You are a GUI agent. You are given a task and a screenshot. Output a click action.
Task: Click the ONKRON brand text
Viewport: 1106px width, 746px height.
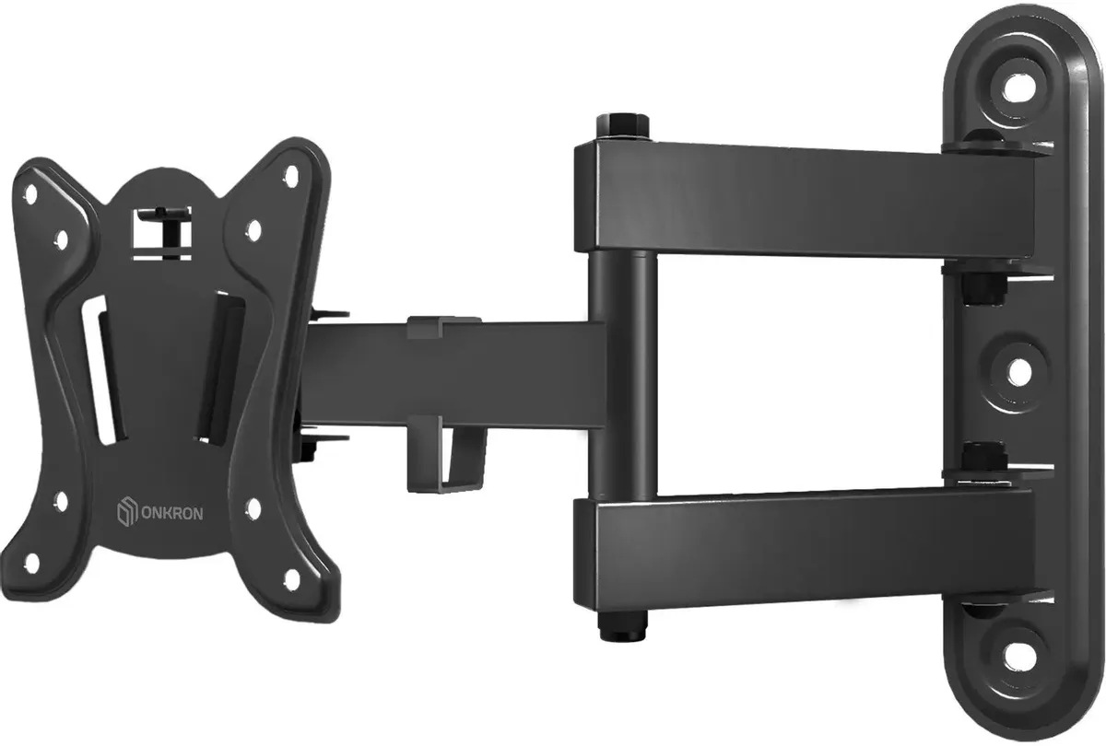[172, 514]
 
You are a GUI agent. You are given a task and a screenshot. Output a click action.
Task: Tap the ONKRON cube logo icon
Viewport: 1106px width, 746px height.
[126, 512]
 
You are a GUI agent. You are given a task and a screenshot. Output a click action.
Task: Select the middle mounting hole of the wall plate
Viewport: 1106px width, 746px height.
[1018, 373]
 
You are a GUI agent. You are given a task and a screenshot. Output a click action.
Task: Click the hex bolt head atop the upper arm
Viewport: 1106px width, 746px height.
[622, 127]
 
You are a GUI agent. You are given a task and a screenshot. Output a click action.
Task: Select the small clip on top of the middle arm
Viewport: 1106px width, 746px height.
[444, 326]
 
